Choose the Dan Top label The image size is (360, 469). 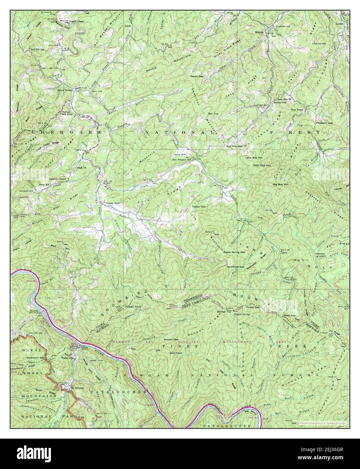pyautogui.click(x=213, y=114)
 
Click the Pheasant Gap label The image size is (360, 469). pyautogui.click(x=324, y=123)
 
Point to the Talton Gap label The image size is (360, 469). pyautogui.click(x=199, y=206)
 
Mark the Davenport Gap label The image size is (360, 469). pyautogui.click(x=38, y=358)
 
